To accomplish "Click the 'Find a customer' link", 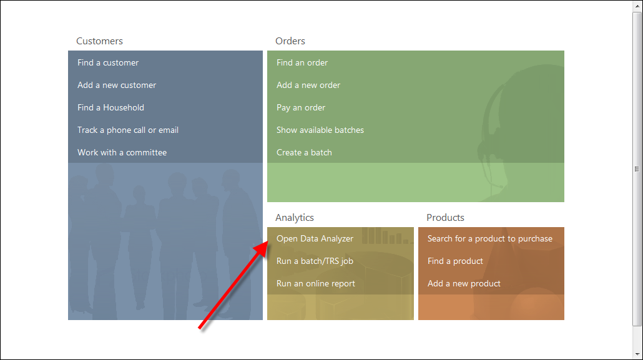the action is point(108,63).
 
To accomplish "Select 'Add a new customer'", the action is point(117,85).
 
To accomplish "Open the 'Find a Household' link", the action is point(110,107).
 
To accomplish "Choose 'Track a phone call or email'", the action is point(128,130).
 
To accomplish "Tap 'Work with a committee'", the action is point(122,152).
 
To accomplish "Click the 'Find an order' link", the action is point(302,63).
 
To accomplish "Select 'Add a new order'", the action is point(308,85).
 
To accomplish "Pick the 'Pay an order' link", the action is point(301,108).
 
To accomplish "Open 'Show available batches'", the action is point(320,130).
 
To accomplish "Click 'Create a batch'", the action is point(304,152).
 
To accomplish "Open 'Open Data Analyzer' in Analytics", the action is point(315,238).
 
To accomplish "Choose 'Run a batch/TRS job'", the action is point(315,261).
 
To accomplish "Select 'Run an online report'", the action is point(316,284).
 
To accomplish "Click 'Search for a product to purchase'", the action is point(490,238).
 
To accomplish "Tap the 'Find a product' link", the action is point(455,261).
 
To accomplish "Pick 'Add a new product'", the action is point(464,284).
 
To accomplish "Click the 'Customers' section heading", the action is point(100,41).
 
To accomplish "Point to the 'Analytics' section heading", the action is point(295,218).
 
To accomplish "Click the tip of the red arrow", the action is point(268,242).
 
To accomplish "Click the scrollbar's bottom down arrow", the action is point(637,354).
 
